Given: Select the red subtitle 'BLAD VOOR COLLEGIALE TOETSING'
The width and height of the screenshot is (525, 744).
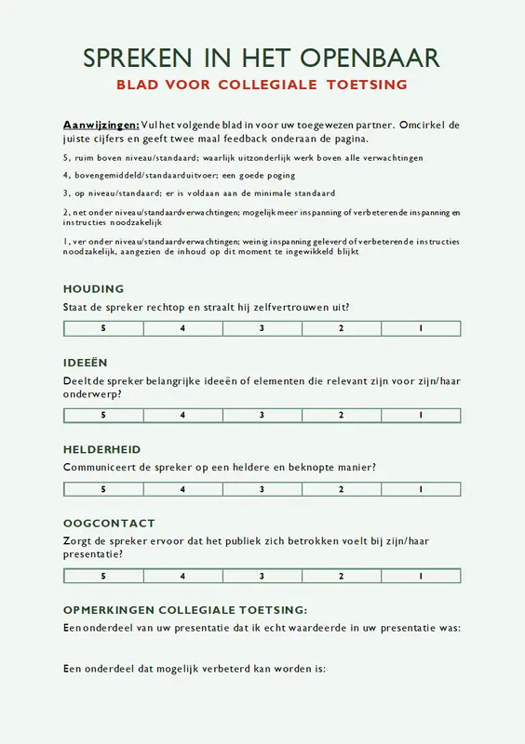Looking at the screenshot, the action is [262, 85].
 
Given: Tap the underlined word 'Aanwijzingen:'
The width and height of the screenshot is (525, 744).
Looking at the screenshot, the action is [101, 125].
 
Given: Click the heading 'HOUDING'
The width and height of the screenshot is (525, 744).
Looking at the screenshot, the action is [93, 289].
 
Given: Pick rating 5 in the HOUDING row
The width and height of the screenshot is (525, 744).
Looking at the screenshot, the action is [103, 328].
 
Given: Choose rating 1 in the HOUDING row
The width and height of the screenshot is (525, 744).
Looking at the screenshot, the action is [421, 328].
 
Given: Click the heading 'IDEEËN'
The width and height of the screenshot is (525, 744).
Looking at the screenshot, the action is [86, 363].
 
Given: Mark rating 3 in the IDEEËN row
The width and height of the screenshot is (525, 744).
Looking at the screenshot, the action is [262, 415].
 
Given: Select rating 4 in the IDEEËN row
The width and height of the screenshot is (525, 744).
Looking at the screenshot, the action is [182, 415].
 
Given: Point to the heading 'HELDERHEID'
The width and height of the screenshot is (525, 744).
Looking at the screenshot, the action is [102, 449].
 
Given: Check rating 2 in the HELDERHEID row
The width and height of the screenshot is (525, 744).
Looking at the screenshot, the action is [342, 489].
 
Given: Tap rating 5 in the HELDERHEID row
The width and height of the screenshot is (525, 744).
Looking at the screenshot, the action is [103, 489].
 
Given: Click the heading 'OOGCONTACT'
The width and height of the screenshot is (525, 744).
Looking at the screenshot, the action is [109, 524].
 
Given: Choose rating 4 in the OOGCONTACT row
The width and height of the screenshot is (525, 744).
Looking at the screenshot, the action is [182, 576].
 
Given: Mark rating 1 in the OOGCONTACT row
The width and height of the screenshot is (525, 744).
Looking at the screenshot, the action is [421, 576].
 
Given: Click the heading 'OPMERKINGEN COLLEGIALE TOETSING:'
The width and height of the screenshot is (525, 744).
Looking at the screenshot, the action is [184, 610].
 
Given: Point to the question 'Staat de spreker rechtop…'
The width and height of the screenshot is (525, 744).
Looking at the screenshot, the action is [212, 307].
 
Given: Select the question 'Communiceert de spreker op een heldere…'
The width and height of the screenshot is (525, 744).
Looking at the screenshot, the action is [225, 467].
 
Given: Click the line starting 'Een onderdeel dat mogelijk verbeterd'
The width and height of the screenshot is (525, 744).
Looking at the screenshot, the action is [194, 668].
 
